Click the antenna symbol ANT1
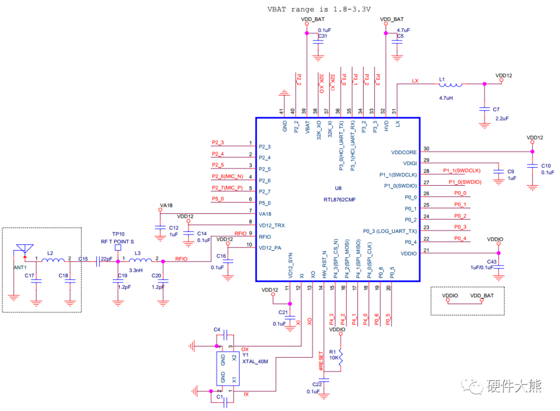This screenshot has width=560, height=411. tap(25, 249)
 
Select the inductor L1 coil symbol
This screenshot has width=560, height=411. tap(451, 85)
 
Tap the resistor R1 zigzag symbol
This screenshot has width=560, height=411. tap(340, 358)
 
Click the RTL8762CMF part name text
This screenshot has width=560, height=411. tap(340, 199)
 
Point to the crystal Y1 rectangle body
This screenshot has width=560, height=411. tap(228, 368)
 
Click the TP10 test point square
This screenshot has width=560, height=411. tap(118, 248)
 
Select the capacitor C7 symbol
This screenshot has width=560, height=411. tap(484, 109)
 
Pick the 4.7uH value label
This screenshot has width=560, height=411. tap(446, 98)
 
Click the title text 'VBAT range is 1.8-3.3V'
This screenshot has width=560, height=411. tap(319, 9)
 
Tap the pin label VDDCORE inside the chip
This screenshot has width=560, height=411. tap(404, 152)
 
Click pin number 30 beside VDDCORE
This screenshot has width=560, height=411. tap(426, 148)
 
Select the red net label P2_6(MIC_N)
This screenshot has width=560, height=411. tap(227, 176)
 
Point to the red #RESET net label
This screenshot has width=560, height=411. tap(321, 361)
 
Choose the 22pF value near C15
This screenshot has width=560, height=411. tap(106, 259)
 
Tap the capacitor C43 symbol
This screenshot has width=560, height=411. tap(499, 267)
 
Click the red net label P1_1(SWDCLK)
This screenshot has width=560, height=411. tap(462, 171)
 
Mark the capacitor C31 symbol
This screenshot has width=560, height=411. tap(318, 42)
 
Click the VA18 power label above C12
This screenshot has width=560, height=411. tap(166, 205)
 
